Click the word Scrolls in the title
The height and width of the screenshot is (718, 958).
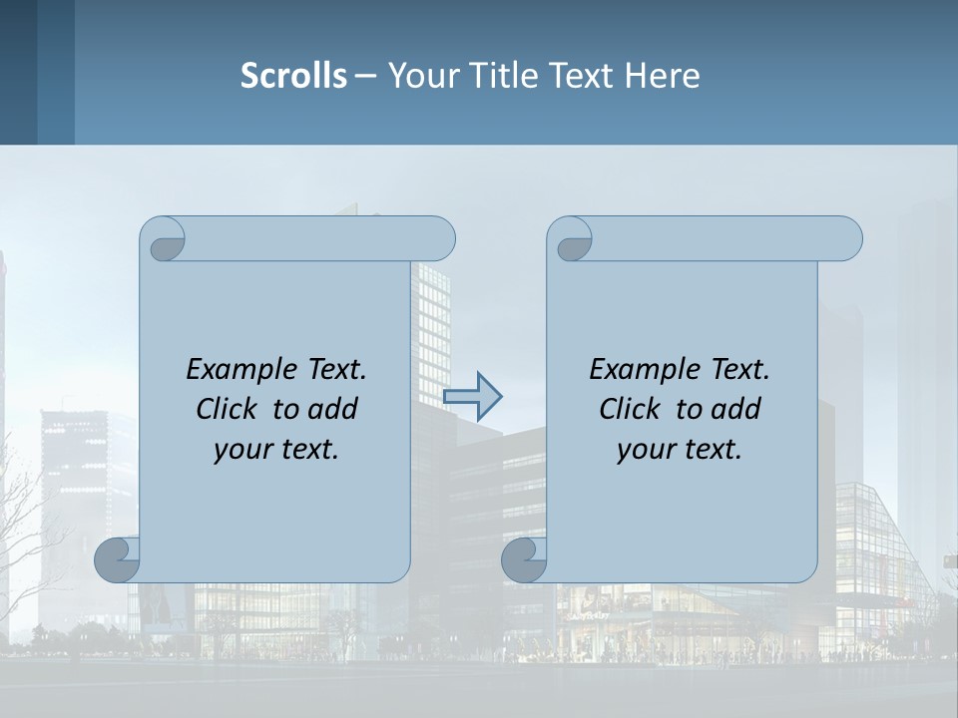293,75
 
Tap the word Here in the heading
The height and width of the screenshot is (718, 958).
662,75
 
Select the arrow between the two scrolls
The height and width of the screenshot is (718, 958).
472,396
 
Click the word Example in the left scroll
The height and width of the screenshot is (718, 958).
234,369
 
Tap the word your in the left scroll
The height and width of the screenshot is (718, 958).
240,449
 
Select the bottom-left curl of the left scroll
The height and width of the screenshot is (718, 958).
118,558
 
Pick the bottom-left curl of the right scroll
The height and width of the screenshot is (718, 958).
525,560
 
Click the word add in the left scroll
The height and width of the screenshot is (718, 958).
334,409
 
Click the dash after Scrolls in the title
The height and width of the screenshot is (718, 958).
366,75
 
